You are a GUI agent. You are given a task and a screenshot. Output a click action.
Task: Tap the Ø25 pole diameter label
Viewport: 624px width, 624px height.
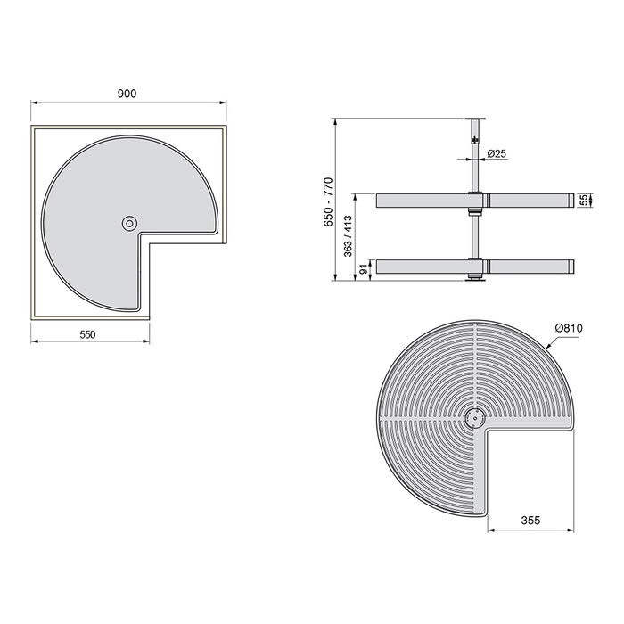497,154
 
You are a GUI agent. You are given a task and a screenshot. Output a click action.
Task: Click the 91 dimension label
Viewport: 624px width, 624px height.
364,268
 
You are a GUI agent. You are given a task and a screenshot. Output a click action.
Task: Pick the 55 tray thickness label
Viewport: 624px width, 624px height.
585,200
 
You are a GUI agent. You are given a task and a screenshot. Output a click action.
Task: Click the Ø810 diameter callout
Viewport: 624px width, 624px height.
568,329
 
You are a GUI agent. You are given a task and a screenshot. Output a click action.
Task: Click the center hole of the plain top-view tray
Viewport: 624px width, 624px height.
130,222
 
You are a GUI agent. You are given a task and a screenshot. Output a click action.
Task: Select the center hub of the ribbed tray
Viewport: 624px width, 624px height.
474,415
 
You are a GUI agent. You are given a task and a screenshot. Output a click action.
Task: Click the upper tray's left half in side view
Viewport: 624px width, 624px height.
419,200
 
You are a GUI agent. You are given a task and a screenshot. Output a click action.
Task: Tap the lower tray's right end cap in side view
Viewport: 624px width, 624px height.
566,267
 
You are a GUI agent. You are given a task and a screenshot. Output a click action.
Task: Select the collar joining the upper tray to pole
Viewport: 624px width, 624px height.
475,200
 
